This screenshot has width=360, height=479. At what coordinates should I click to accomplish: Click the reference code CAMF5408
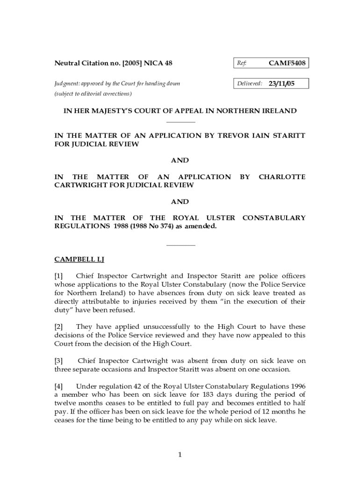click(x=287, y=63)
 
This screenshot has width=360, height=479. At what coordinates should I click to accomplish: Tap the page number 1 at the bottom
click(x=180, y=455)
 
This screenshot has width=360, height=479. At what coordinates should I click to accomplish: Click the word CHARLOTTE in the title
click(x=282, y=177)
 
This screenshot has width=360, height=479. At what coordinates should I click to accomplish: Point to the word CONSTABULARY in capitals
click(x=274, y=218)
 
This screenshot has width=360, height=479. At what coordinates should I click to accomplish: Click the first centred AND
click(x=180, y=160)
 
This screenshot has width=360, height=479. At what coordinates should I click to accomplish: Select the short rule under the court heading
click(x=180, y=122)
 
